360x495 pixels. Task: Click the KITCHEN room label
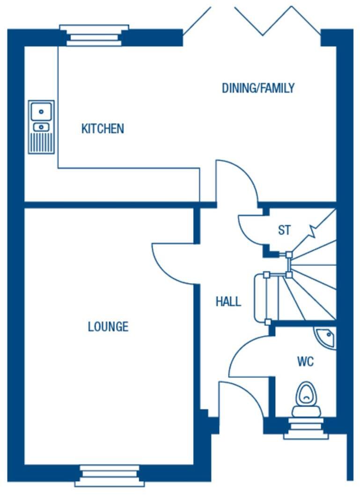pyautogui.click(x=103, y=129)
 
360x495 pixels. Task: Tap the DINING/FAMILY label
pyautogui.click(x=258, y=88)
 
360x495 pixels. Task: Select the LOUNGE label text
pyautogui.click(x=108, y=327)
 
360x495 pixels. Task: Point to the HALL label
pyautogui.click(x=228, y=302)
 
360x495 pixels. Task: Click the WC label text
pyautogui.click(x=305, y=362)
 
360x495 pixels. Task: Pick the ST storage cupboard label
pyautogui.click(x=284, y=230)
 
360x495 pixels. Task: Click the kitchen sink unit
pyautogui.click(x=41, y=127)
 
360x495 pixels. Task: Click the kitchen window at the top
pyautogui.click(x=94, y=36)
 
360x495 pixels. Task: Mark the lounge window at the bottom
pyautogui.click(x=110, y=475)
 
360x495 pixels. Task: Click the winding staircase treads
pyautogui.click(x=311, y=285)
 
